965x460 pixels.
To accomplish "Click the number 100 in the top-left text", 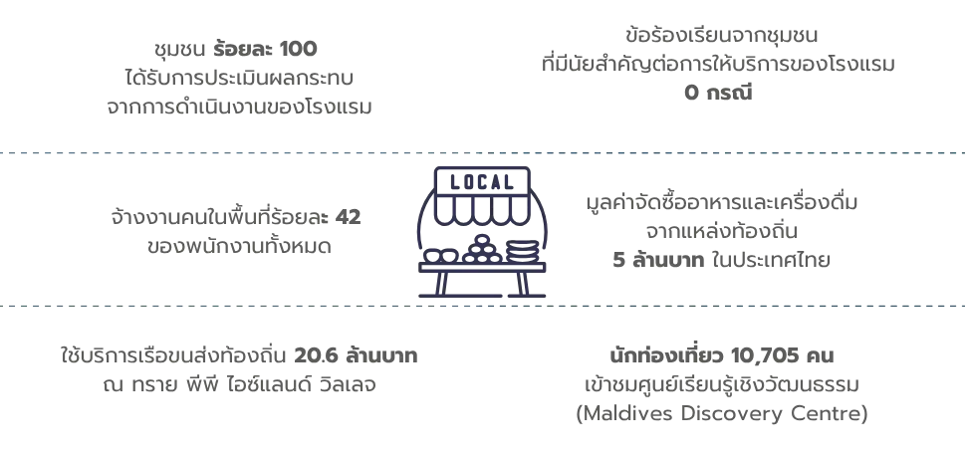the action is (x=298, y=49).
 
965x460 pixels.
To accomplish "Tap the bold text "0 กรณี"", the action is (x=718, y=93).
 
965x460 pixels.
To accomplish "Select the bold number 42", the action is (x=349, y=218).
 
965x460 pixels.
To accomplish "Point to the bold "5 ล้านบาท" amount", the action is (x=658, y=260).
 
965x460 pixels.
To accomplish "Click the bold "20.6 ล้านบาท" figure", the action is (x=356, y=355).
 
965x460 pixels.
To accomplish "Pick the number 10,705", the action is (x=765, y=356).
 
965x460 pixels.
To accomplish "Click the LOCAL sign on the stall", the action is (x=482, y=181).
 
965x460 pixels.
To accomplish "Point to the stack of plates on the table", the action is (x=522, y=252).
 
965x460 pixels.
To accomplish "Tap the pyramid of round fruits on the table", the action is (x=482, y=250).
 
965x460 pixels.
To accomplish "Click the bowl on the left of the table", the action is (x=441, y=255).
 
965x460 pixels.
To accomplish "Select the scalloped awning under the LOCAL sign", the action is (x=482, y=210).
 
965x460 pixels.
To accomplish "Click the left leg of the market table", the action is (x=441, y=284).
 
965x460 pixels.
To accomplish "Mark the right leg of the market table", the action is (x=523, y=284).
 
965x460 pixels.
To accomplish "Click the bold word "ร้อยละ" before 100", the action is (x=243, y=49).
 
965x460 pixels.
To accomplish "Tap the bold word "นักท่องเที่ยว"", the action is (x=667, y=355).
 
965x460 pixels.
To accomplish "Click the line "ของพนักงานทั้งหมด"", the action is (x=239, y=247).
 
